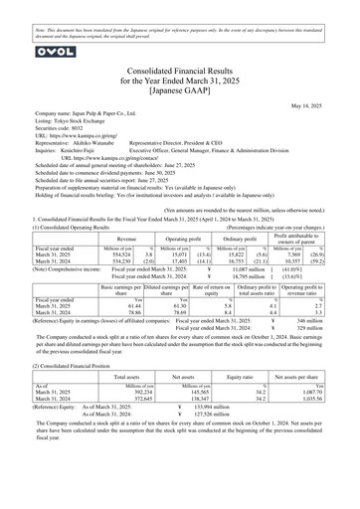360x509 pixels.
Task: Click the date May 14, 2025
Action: coord(317,101)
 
